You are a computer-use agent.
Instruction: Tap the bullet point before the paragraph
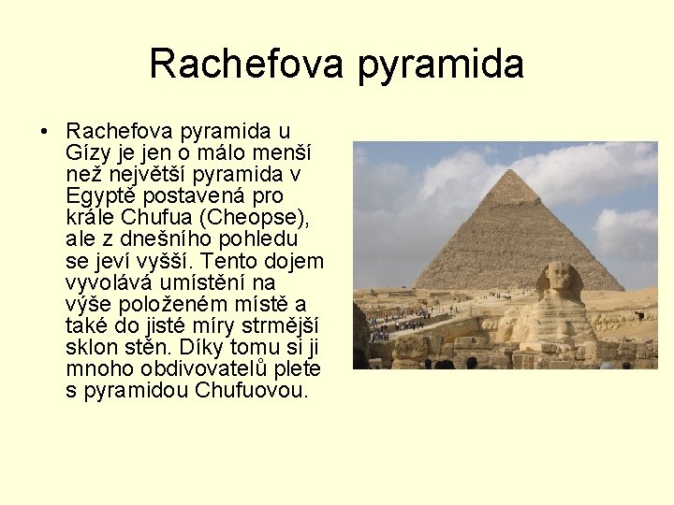click(45, 131)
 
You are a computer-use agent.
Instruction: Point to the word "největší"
click(143, 174)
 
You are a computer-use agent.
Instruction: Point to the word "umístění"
click(197, 282)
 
